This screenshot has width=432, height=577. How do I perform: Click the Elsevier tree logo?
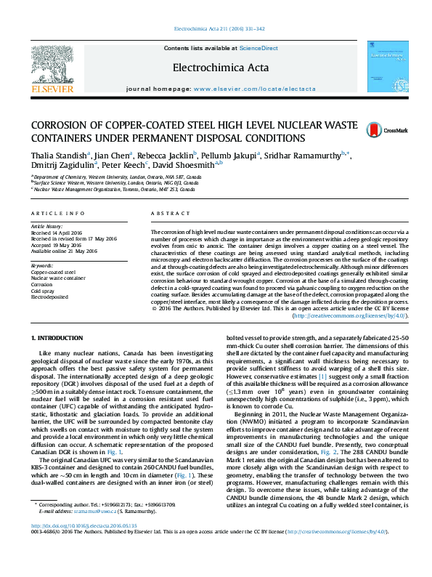coord(52,65)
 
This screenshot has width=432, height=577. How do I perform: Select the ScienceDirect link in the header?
coord(258,48)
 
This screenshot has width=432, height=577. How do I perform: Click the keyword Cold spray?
coord(42,291)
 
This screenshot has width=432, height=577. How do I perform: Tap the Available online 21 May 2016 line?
coord(63,251)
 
